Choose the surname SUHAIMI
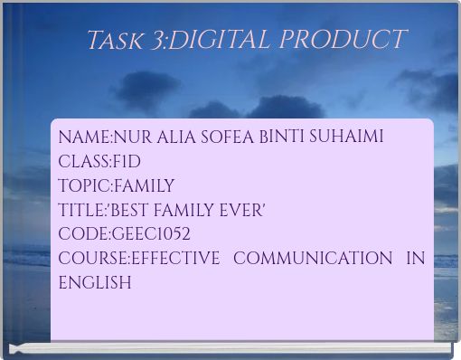(x=347, y=137)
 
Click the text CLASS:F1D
(x=99, y=162)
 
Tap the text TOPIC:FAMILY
(x=117, y=186)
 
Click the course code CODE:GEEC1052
(x=124, y=234)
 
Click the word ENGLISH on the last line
(x=95, y=283)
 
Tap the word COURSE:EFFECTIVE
(x=138, y=259)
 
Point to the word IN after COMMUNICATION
(x=416, y=259)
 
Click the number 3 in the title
(x=156, y=41)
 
